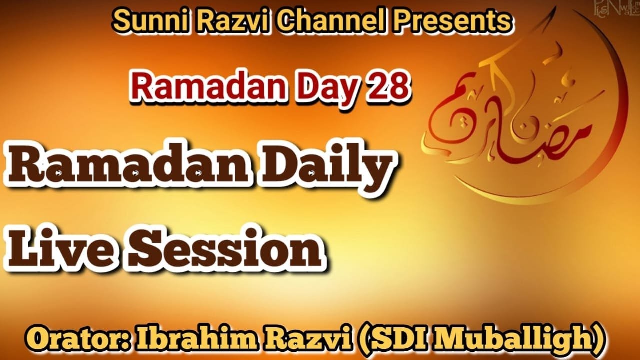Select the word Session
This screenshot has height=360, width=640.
[x=225, y=248]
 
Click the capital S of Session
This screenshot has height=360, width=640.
[x=146, y=248]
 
